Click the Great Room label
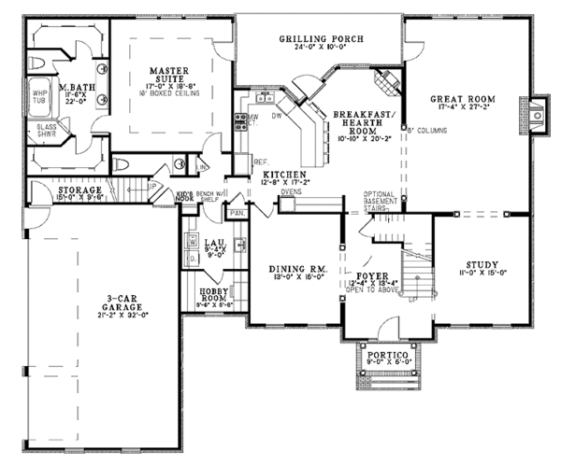462,99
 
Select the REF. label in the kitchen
262,162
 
